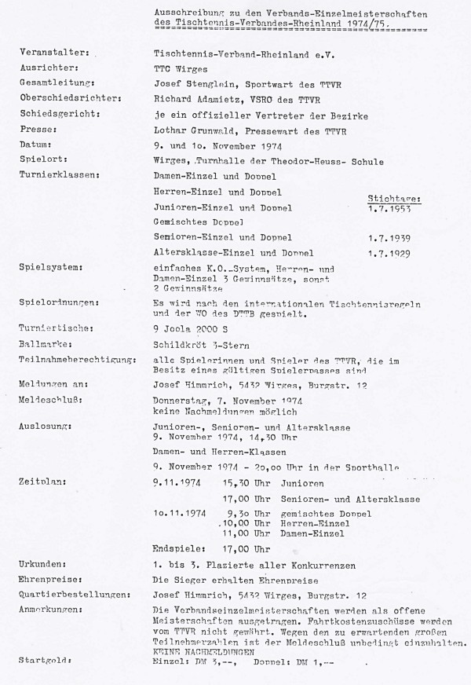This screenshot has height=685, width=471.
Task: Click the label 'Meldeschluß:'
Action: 50,399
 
